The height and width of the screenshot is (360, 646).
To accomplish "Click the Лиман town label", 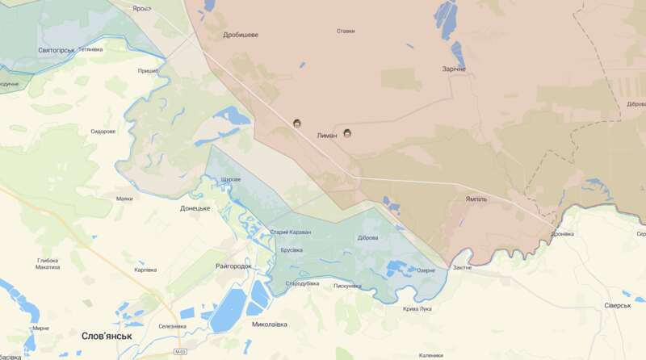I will (326, 136).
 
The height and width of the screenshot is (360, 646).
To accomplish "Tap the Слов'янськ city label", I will (107, 335).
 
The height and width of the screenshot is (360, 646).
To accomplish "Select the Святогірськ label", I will (57, 50).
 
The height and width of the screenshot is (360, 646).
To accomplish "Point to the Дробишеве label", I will (241, 35).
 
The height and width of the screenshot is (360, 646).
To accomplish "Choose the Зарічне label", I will (453, 69).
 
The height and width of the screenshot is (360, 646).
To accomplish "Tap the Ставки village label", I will (346, 31).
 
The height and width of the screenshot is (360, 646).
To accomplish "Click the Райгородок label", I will (234, 266).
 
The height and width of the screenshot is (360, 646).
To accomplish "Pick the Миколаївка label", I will (270, 324).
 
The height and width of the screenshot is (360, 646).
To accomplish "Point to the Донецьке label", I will (195, 208).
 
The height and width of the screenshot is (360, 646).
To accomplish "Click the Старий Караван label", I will (290, 232).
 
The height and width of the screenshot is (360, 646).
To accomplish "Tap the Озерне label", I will (426, 270).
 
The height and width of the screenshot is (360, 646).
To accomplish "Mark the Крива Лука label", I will (417, 308).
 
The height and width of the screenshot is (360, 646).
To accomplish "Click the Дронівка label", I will (562, 234).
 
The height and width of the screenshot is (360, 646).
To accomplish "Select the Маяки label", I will (124, 199).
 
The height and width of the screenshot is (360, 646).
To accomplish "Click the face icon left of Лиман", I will (297, 123).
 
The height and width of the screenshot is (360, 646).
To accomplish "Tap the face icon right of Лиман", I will (348, 132).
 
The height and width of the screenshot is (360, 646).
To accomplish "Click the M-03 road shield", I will (181, 352).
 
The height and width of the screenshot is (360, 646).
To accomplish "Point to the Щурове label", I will (231, 179).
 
